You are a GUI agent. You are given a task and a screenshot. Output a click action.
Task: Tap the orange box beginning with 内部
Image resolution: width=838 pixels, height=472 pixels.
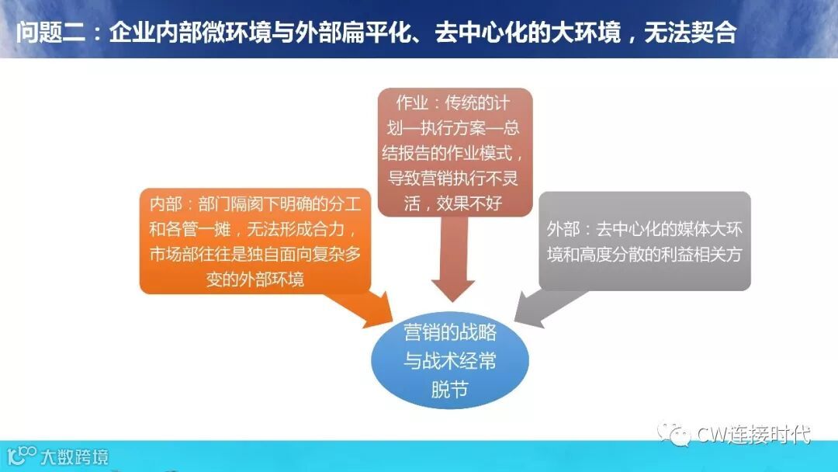(x=255, y=241)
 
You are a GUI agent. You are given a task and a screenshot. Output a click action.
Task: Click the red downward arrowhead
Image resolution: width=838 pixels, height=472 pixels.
(x=452, y=284)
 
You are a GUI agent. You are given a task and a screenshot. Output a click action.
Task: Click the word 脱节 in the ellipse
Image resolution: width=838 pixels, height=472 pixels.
(x=450, y=389)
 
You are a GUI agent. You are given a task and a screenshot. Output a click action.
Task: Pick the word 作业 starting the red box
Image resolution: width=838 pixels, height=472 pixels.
(x=411, y=103)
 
